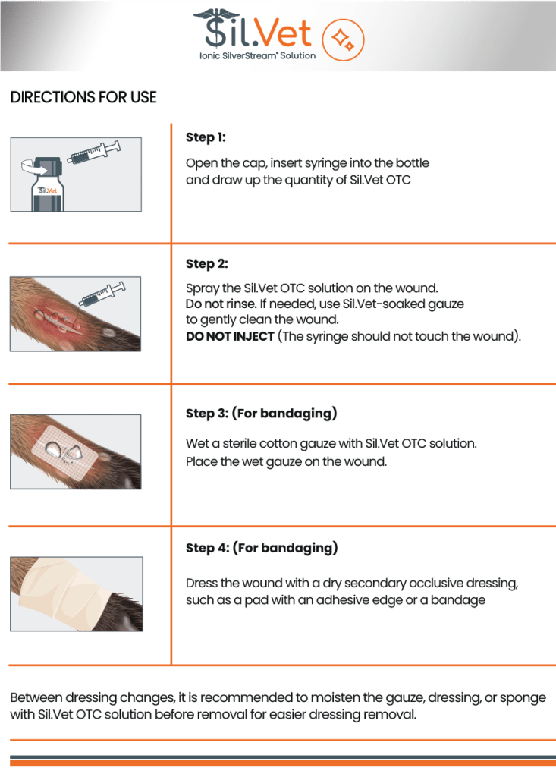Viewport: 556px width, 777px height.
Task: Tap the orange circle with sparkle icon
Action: pyautogui.click(x=343, y=39)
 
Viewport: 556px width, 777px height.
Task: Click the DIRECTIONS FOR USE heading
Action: pyautogui.click(x=83, y=97)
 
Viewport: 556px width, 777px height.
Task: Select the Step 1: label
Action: pyautogui.click(x=206, y=137)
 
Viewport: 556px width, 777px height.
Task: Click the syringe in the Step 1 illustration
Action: pyautogui.click(x=95, y=152)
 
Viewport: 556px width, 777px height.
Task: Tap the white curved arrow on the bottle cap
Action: pyautogui.click(x=33, y=167)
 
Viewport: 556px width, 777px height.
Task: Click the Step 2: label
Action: pyautogui.click(x=206, y=263)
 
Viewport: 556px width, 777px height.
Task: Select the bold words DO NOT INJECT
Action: pyautogui.click(x=230, y=336)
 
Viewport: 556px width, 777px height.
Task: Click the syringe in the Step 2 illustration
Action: pyautogui.click(x=102, y=294)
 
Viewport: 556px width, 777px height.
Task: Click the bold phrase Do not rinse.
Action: pyautogui.click(x=221, y=304)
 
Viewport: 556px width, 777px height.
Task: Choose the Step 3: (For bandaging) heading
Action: pyautogui.click(x=261, y=414)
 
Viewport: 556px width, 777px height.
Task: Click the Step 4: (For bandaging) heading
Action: pyautogui.click(x=262, y=548)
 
